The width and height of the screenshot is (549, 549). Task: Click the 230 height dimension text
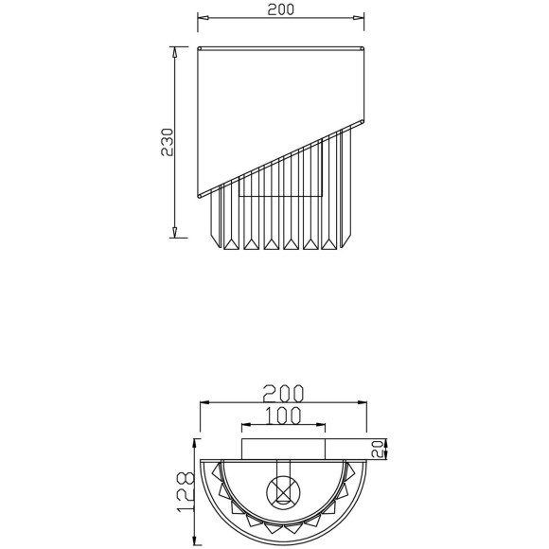(167, 143)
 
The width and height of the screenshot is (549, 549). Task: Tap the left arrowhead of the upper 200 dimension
(201, 18)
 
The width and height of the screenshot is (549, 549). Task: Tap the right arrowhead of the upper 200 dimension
(361, 18)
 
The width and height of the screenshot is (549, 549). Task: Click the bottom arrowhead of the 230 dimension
(175, 236)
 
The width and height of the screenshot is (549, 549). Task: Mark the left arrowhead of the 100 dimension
(242, 425)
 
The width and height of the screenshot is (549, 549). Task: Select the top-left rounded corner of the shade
(200, 46)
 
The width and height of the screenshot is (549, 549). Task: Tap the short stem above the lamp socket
(282, 469)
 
